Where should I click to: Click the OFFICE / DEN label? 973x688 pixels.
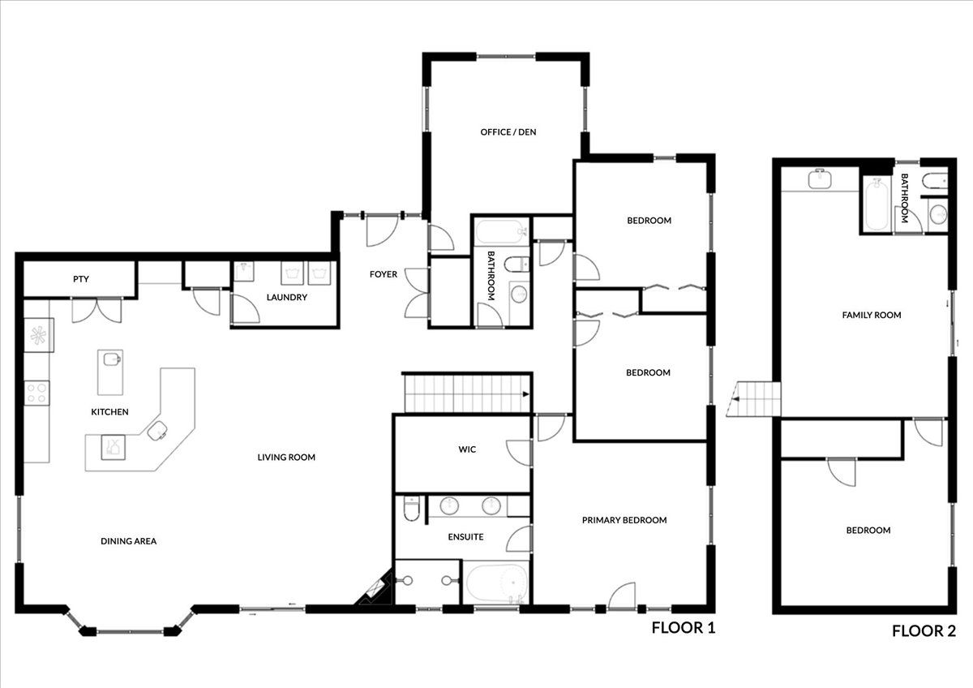(x=508, y=132)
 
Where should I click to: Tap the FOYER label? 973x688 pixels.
(x=383, y=274)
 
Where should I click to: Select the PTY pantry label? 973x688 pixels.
(x=81, y=279)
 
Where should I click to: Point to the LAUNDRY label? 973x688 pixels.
(x=287, y=297)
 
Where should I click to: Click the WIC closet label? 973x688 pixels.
(x=467, y=449)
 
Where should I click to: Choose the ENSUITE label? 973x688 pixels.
(x=465, y=537)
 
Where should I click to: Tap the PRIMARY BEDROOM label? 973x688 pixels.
(x=624, y=520)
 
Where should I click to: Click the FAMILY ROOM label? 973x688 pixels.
(x=872, y=315)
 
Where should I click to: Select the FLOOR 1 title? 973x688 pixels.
(x=684, y=628)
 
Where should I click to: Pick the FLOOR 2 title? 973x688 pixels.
(x=924, y=631)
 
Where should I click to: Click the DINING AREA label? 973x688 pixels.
(x=129, y=541)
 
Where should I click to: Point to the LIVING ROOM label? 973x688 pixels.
(x=286, y=458)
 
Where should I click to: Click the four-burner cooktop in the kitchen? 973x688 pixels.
(x=36, y=393)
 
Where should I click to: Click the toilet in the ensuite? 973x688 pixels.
(x=411, y=508)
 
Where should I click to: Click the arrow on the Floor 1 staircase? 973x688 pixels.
(x=525, y=394)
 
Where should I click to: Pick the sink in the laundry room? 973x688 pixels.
(x=244, y=272)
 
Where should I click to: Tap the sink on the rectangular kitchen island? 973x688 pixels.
(x=112, y=359)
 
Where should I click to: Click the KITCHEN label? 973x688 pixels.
(x=109, y=412)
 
